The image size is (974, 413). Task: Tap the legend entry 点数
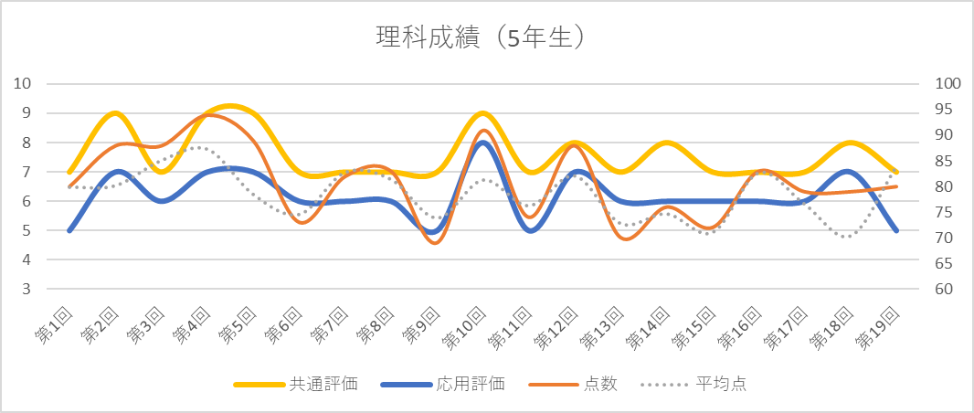600,384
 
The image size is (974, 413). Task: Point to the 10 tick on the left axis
24,84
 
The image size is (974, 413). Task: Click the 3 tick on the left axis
27,289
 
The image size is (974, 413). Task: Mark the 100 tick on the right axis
950,84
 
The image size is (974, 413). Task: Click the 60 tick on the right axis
947,289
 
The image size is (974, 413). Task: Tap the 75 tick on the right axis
947,212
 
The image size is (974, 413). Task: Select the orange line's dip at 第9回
437,242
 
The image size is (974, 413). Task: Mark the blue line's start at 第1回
69,230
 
